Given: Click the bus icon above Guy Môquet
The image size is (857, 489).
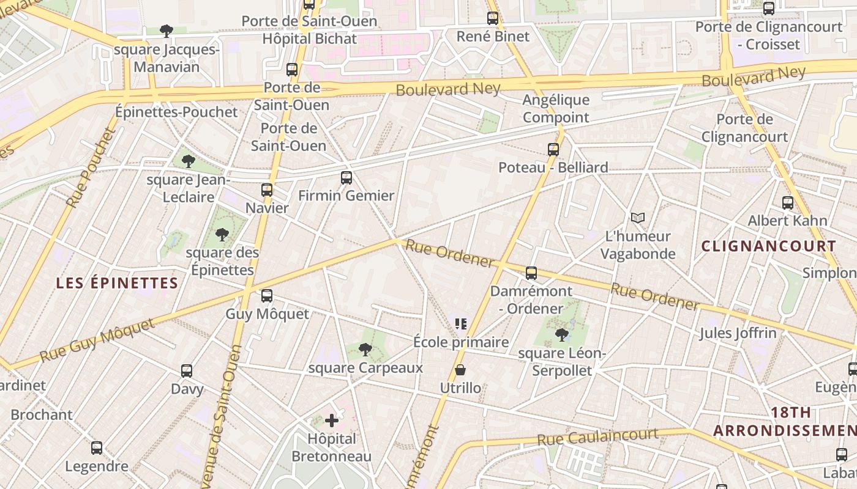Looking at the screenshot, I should (x=267, y=296).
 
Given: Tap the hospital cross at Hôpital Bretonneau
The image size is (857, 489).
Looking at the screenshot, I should (x=332, y=421).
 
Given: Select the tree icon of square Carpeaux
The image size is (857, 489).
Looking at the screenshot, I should (x=365, y=350).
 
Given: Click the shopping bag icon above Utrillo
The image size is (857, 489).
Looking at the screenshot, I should (x=460, y=370).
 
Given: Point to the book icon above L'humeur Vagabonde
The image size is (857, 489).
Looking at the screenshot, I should (x=638, y=218).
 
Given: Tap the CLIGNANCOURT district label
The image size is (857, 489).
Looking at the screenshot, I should (x=768, y=246).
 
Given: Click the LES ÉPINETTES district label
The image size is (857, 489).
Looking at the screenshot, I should (x=117, y=283).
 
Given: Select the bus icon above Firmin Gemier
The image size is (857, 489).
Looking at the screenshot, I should (x=346, y=178).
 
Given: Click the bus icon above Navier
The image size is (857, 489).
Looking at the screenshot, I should (x=267, y=190).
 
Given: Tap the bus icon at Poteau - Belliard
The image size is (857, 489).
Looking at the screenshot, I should (x=553, y=150).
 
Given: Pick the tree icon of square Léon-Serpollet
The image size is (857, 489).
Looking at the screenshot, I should (x=561, y=335).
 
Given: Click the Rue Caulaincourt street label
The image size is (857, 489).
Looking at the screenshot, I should (x=597, y=436).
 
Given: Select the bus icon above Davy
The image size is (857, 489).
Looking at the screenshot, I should (x=187, y=371).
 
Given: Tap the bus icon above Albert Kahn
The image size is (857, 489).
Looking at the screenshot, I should (x=788, y=203).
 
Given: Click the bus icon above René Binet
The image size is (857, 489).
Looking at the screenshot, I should (x=493, y=18).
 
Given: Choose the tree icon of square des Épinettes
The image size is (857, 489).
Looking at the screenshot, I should (x=222, y=235).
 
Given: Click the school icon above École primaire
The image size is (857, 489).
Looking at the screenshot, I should (x=461, y=324).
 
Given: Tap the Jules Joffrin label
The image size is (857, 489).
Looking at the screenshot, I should (x=738, y=333).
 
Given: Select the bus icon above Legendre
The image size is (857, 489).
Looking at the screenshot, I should (x=97, y=448).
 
